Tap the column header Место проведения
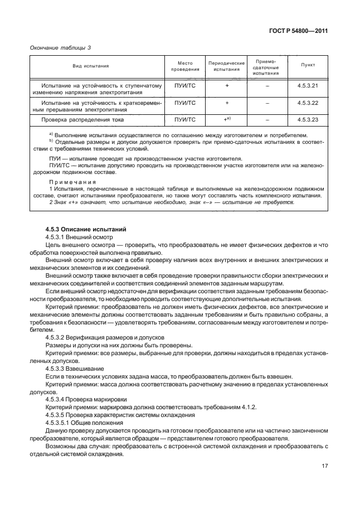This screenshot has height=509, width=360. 184,66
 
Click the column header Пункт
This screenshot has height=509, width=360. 308,65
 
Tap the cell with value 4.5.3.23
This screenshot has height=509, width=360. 308,119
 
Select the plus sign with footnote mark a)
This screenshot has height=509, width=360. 227,119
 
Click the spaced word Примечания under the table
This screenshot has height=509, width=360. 72,182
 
